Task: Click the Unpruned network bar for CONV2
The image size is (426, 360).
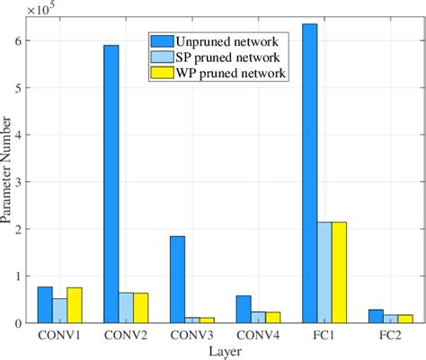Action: coord(111,184)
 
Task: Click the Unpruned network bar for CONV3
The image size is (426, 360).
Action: coord(177,279)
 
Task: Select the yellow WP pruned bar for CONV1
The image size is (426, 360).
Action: coord(75,305)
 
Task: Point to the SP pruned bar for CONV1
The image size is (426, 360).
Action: coord(59,311)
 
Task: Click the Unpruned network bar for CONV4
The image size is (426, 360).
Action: coord(244,309)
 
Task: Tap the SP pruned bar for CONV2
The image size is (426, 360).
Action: coord(126,307)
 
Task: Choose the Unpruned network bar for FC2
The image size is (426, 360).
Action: coord(376,316)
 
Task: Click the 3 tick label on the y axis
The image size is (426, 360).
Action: coord(22,181)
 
